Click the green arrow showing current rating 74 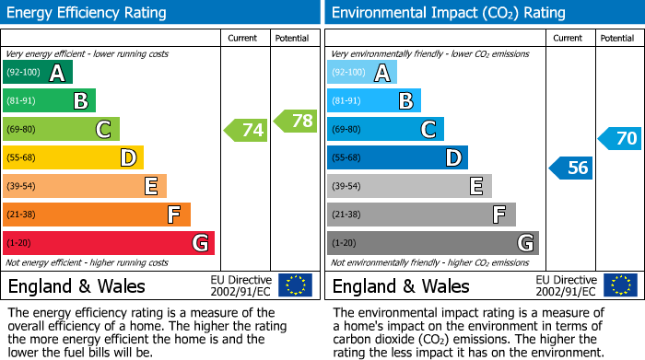tap(246, 130)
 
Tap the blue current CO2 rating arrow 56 tap(570, 168)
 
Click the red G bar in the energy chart tap(109, 243)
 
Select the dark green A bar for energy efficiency tap(38, 73)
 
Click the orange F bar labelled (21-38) tap(97, 215)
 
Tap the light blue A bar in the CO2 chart tap(362, 73)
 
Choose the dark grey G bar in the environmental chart tap(433, 243)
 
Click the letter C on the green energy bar tap(104, 130)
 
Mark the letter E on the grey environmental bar tap(476, 187)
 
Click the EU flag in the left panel tap(295, 285)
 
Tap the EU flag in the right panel tap(619, 285)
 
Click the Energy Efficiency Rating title tap(88, 13)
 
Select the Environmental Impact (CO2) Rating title tap(447, 13)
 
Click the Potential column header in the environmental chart tap(616, 39)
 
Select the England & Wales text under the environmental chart tap(401, 285)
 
